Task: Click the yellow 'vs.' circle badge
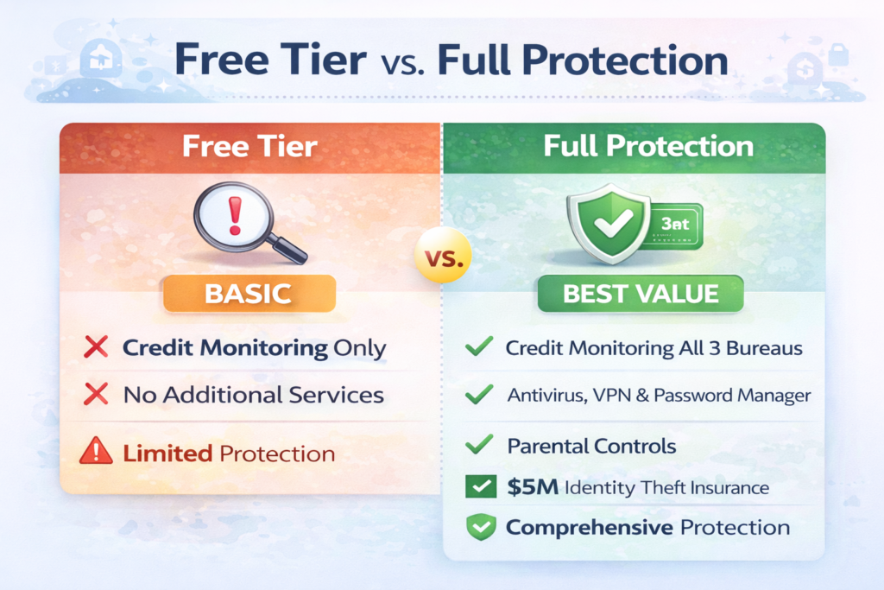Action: click(x=442, y=257)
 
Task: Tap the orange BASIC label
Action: click(x=248, y=293)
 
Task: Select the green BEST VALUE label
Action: click(x=640, y=293)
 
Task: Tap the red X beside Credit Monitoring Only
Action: click(x=97, y=348)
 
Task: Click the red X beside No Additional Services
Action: click(x=97, y=395)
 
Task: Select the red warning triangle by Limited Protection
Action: click(x=96, y=452)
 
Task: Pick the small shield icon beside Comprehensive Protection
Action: click(x=477, y=527)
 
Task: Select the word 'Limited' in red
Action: click(x=167, y=453)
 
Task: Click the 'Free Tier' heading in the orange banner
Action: click(x=249, y=146)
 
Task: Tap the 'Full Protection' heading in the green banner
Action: click(x=648, y=146)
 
